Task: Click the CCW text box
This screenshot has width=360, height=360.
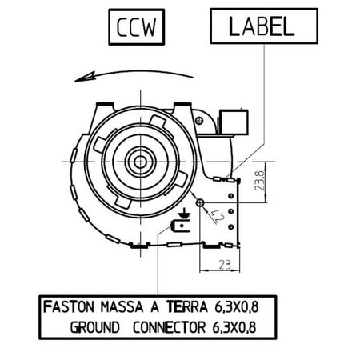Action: click(137, 27)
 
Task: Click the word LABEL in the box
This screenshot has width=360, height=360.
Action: click(262, 26)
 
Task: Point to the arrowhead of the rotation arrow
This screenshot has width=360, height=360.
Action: click(85, 77)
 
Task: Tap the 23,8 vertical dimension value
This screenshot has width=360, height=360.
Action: click(260, 181)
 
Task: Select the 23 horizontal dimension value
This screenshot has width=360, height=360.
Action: click(225, 265)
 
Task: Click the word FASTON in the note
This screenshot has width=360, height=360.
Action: click(69, 306)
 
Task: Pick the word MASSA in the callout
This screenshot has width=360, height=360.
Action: click(122, 306)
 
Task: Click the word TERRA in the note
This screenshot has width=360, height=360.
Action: click(187, 306)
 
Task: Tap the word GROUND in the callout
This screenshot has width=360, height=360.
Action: click(94, 327)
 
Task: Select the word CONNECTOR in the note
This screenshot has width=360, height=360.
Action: click(170, 327)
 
